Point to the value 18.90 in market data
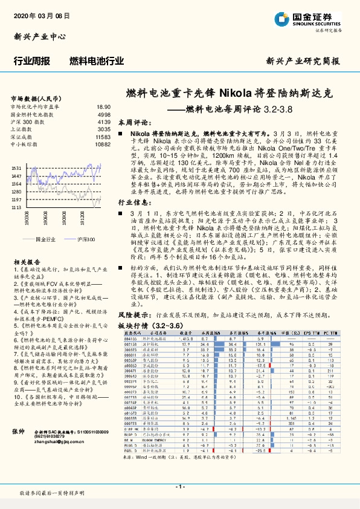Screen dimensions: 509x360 tap(103, 106)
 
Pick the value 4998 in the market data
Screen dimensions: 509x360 tap(104, 114)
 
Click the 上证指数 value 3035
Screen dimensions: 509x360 tap(104, 129)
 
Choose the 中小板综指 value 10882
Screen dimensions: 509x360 tap(102, 145)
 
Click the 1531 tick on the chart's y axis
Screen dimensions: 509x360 tap(16, 168)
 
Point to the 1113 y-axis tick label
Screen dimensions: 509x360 tap(16, 207)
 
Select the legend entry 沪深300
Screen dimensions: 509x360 tap(86, 240)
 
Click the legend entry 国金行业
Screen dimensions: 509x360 tap(46, 240)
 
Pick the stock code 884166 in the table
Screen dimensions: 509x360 tap(130, 339)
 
